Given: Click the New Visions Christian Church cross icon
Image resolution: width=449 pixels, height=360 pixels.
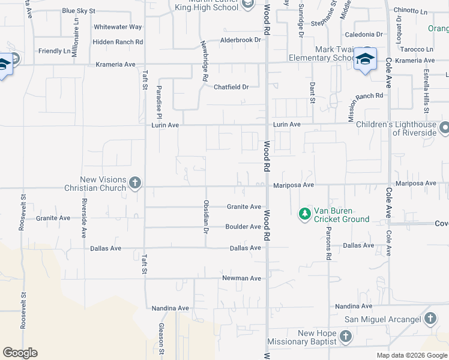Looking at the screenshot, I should click(x=134, y=183).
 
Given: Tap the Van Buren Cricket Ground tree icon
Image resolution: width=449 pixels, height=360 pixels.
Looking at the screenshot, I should click(x=305, y=214).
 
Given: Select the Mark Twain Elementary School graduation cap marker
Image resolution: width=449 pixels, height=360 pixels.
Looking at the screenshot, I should click(x=364, y=59).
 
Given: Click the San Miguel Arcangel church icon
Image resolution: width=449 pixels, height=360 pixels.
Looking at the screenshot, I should click(x=430, y=319).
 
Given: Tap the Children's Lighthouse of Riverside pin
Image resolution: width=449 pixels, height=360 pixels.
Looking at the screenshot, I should click(x=444, y=128).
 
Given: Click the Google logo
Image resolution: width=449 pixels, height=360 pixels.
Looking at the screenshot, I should click(x=20, y=353).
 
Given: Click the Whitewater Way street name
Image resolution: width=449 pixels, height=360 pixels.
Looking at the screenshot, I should click(x=118, y=27).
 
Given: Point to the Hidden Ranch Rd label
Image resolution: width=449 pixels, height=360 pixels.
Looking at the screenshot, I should click(x=118, y=42).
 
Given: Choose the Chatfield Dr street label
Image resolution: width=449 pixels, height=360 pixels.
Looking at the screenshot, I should click(x=231, y=87).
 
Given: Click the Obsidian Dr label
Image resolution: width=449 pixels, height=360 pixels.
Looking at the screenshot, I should click(x=206, y=217).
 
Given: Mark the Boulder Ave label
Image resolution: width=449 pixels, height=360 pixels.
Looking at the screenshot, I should click(x=243, y=227).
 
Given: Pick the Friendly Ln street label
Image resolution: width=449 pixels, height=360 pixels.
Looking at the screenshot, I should click(x=54, y=51).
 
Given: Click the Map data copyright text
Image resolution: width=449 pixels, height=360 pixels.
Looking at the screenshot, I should click(x=411, y=355).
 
